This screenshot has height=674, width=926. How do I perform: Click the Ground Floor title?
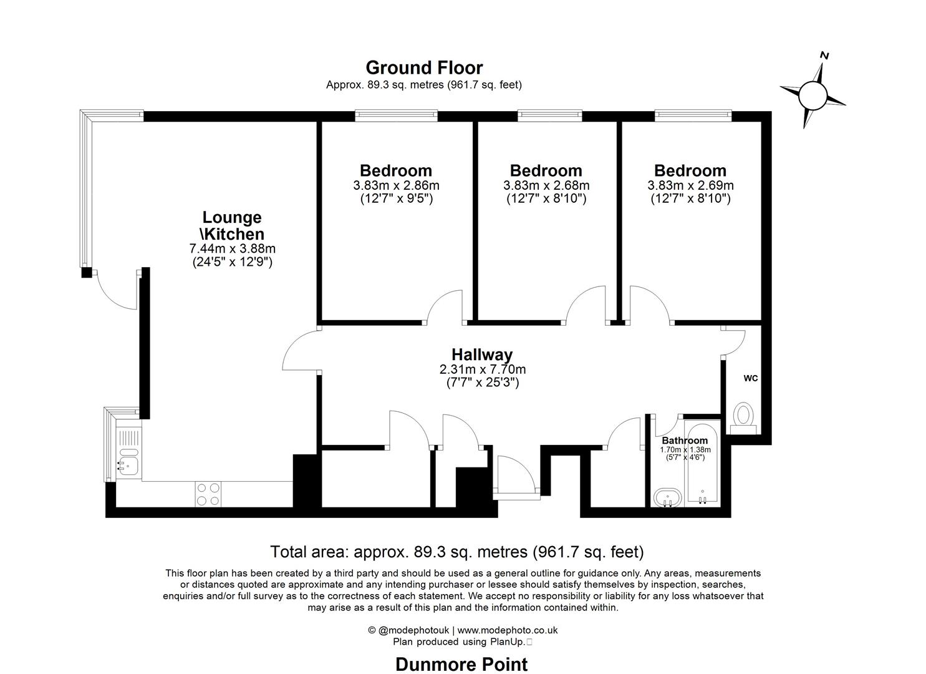coord(424,67)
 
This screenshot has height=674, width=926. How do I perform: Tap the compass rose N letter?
coord(824,56)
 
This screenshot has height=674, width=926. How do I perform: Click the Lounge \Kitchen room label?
coord(232,226)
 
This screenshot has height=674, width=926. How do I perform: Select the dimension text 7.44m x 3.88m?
coord(232,248)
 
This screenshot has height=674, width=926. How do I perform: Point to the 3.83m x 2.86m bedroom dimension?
coord(396,185)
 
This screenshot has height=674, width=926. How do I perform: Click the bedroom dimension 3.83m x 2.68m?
coord(546,185)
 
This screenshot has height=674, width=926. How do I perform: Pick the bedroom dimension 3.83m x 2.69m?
coord(690,185)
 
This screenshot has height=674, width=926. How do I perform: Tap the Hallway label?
coord(482,354)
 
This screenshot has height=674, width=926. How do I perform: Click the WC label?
coord(750,378)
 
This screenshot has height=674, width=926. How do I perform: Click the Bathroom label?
coord(685,441)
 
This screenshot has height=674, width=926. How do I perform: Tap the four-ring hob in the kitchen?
coord(208,494)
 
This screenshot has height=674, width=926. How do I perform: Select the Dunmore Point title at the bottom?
coord(461,665)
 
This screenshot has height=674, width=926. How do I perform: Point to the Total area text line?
coord(456,552)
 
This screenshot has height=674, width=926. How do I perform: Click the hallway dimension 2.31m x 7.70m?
coord(482,369)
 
